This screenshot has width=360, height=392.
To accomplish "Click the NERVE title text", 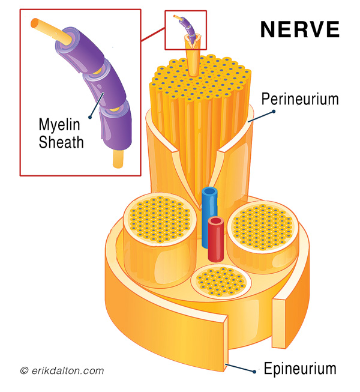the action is click(x=300, y=29).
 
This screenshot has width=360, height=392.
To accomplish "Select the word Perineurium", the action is click(x=300, y=99).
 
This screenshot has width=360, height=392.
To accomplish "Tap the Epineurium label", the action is click(x=300, y=369).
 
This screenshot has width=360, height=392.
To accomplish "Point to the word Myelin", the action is click(x=59, y=125).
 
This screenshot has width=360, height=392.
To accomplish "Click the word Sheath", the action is click(x=61, y=142).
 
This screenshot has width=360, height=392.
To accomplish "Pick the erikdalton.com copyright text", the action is click(x=62, y=370).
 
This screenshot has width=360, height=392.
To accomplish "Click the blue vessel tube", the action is click(x=209, y=217).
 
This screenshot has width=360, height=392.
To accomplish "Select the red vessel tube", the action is click(x=216, y=240).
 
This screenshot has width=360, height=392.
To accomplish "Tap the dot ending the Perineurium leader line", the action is click(x=274, y=112).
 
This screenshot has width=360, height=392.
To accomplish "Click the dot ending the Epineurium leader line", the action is click(x=254, y=372).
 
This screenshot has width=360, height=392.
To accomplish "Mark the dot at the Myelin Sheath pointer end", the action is click(x=90, y=117).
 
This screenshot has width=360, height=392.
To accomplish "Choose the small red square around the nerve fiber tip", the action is click(x=185, y=30).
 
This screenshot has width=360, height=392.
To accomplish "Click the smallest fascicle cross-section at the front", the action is click(x=221, y=282).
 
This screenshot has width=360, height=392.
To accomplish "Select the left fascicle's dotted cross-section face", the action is click(x=160, y=219).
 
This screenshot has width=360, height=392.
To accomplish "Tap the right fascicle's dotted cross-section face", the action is click(x=263, y=227).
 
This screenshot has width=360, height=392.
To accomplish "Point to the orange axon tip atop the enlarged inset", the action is click(x=35, y=23).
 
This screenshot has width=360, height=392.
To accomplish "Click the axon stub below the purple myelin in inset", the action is click(x=118, y=158).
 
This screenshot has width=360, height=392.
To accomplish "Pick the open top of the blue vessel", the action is click(x=209, y=191).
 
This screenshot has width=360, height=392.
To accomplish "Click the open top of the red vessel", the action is click(x=216, y=221).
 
